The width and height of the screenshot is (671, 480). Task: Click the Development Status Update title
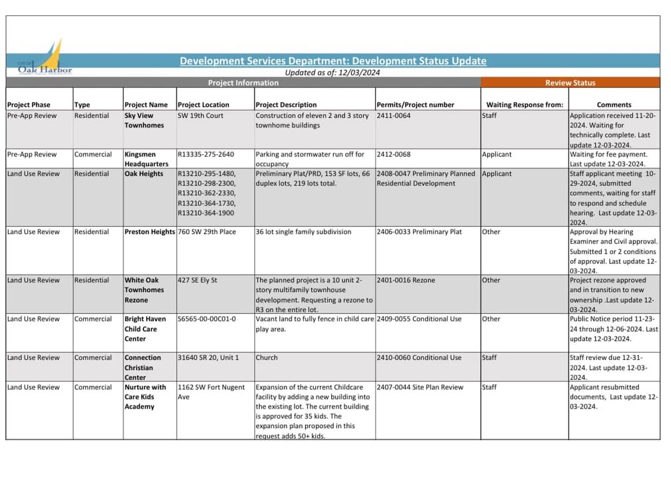pos(333,61)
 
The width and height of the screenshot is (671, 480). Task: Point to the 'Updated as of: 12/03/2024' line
pos(332,73)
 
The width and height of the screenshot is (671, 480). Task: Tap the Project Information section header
pos(243,83)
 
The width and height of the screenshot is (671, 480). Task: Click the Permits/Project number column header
pos(415,105)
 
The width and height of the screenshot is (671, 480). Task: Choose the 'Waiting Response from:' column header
pos(524,105)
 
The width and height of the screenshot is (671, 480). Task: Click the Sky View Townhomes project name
pos(144,120)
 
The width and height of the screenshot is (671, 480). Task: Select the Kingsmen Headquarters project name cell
pos(146,159)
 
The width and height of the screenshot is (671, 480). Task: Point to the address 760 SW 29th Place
pos(207,232)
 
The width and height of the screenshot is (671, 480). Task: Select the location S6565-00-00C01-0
pos(207,319)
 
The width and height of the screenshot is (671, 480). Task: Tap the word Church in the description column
pos(267,357)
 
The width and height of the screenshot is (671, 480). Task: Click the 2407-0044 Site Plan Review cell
pos(420,387)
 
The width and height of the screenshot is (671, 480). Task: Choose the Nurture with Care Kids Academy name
pos(146,397)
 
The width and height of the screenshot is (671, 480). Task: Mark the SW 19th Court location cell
pos(201,115)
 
